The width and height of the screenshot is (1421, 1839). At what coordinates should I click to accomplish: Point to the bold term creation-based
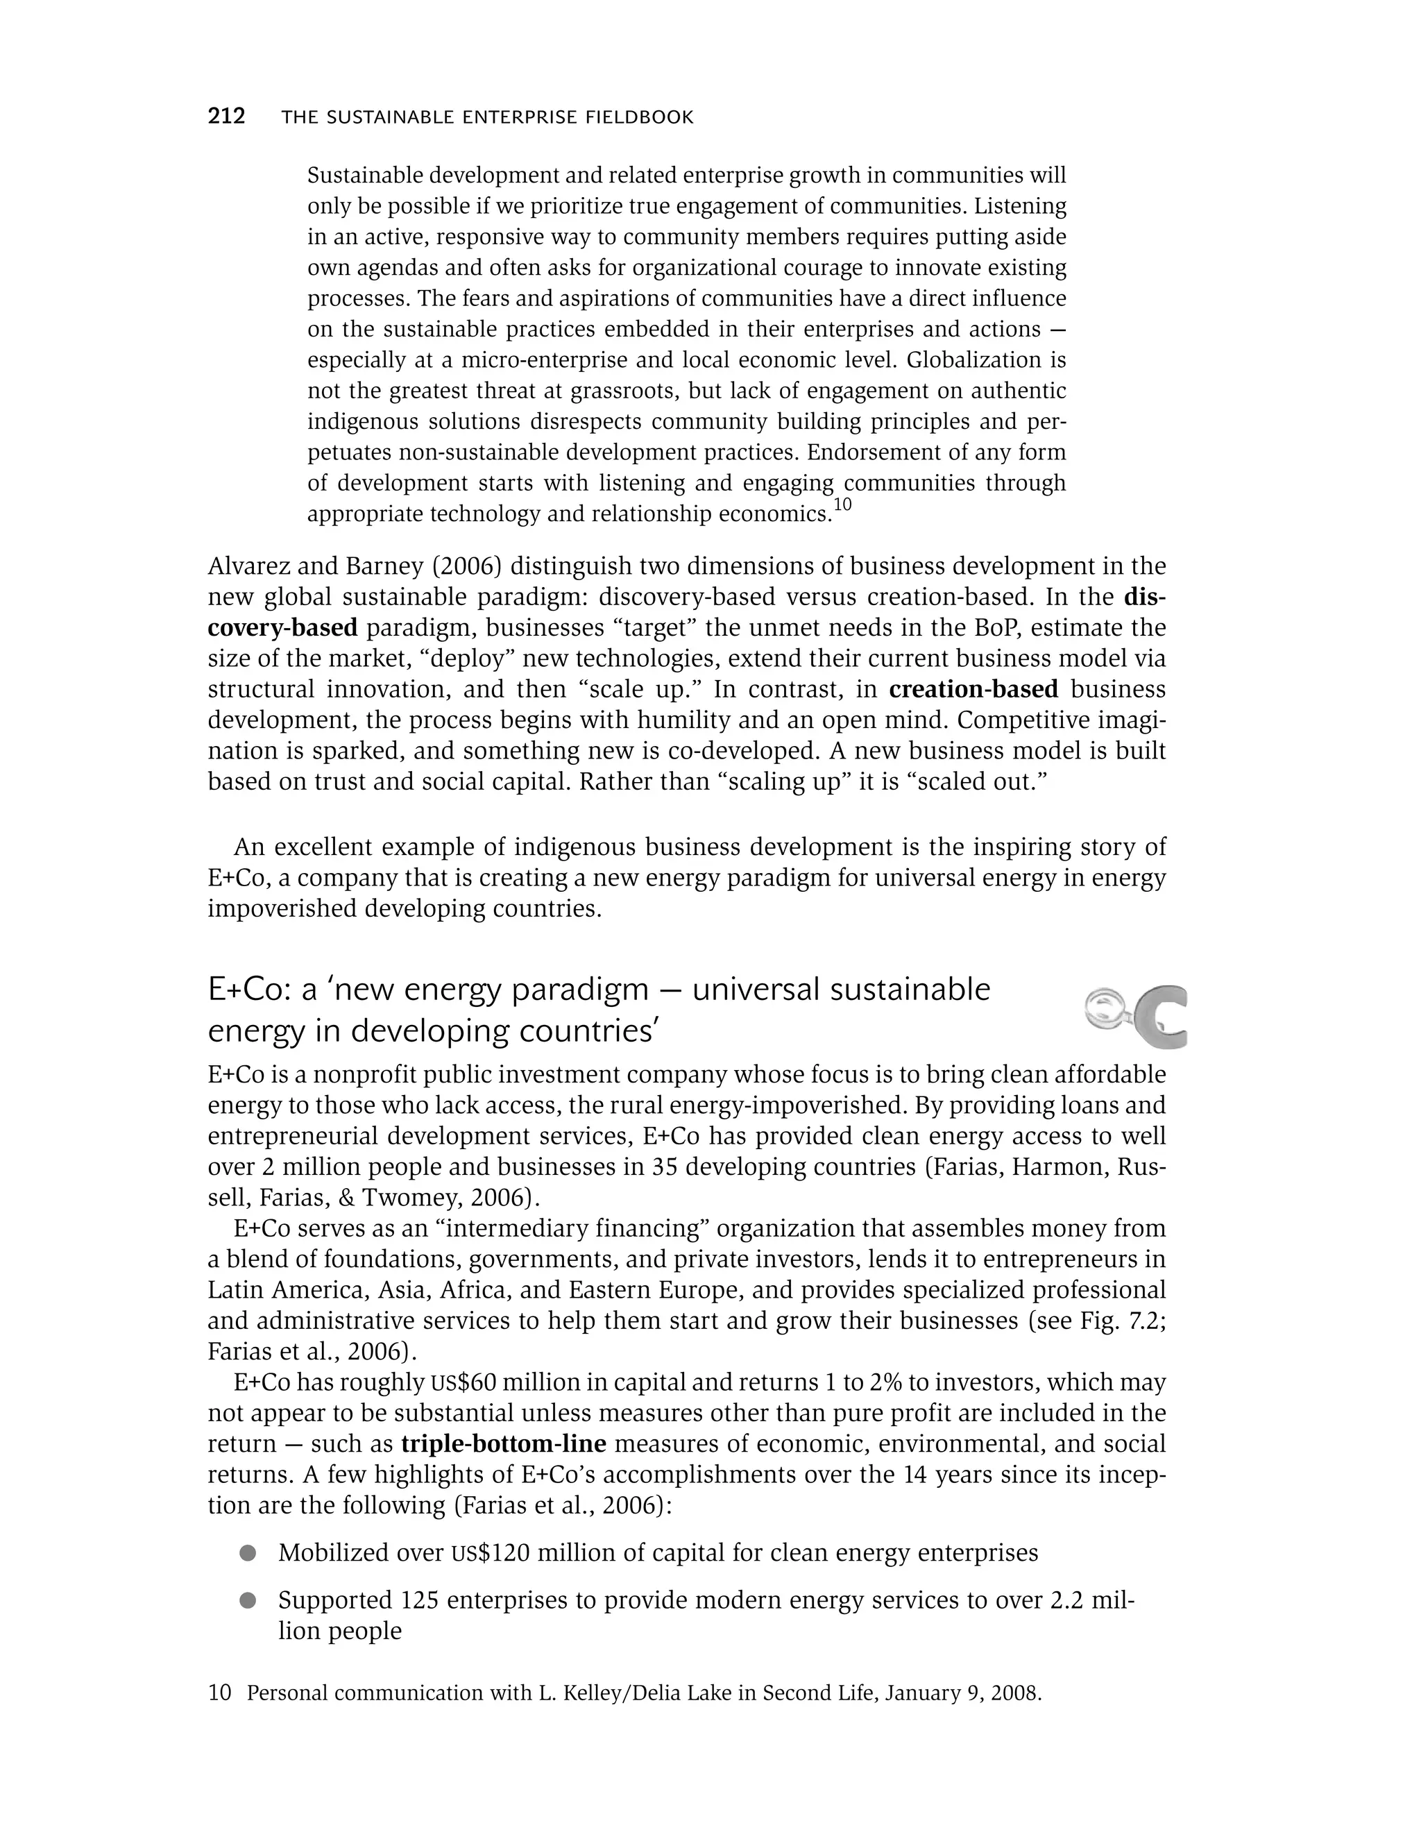(973, 689)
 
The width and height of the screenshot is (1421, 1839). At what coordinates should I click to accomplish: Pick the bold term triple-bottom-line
(504, 1444)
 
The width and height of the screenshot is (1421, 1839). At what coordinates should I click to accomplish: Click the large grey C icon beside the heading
(1160, 1017)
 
